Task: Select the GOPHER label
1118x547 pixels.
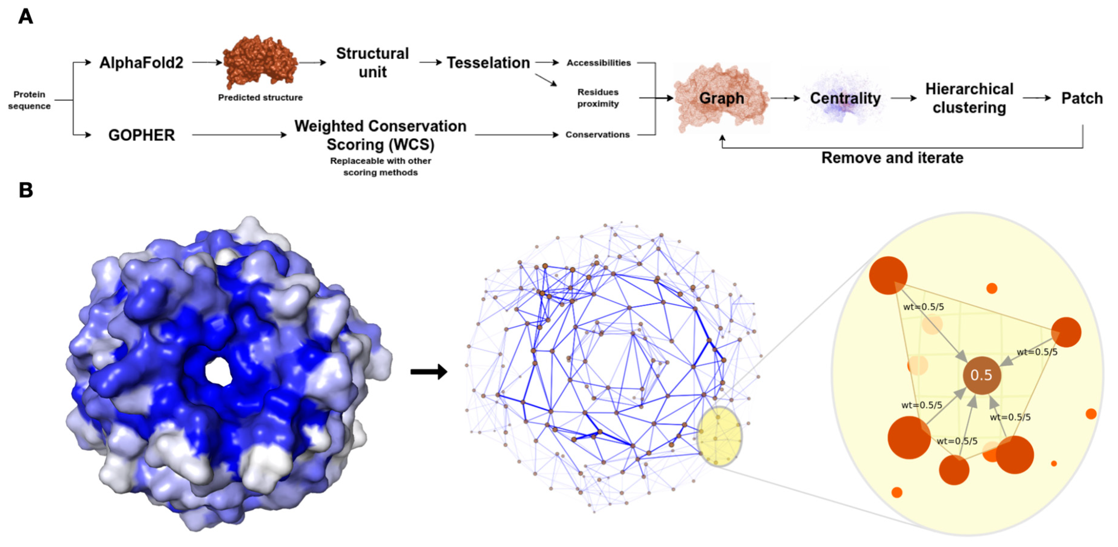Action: tap(142, 135)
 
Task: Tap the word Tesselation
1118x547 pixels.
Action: tap(488, 63)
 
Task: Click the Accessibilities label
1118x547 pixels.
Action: tap(598, 63)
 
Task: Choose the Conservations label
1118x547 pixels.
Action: tap(597, 135)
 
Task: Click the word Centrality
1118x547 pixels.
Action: tap(845, 98)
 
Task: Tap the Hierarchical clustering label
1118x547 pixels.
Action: tap(969, 98)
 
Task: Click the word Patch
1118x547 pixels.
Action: tap(1082, 98)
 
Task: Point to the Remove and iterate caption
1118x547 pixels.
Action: tap(892, 158)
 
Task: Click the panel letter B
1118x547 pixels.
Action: tap(26, 190)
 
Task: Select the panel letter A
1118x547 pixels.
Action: tap(26, 17)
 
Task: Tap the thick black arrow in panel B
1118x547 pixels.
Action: tap(429, 372)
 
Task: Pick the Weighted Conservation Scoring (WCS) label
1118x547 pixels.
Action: tap(380, 135)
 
